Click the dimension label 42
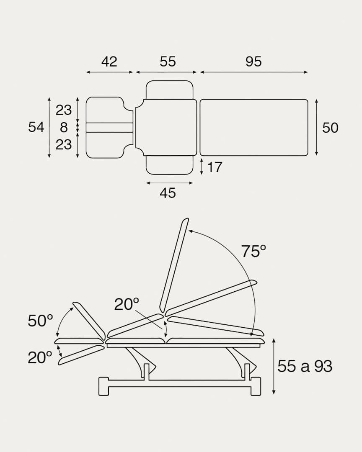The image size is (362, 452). click(109, 62)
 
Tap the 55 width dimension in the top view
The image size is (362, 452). click(168, 62)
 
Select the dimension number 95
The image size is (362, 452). click(253, 62)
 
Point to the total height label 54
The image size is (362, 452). click(36, 127)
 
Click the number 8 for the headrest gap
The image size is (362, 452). click(64, 127)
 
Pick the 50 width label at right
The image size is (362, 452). click(330, 128)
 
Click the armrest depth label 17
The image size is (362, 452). click(215, 167)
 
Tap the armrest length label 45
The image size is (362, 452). click(168, 193)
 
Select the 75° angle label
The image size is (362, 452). click(253, 251)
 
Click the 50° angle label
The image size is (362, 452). click(40, 321)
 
